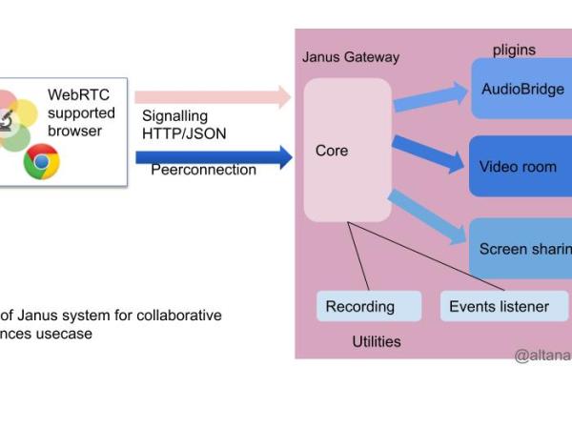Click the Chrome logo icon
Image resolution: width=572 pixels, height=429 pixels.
click(x=41, y=163)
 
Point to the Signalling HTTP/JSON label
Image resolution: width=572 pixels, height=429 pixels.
click(x=184, y=125)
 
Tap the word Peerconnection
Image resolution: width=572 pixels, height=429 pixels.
click(x=203, y=170)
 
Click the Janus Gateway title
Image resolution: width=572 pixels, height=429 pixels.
click(x=350, y=57)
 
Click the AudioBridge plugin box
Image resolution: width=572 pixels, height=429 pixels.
click(x=521, y=90)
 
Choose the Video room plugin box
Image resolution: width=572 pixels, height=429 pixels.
click(x=521, y=166)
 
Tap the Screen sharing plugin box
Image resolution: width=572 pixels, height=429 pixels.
click(x=521, y=249)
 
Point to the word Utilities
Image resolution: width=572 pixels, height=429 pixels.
click(x=377, y=340)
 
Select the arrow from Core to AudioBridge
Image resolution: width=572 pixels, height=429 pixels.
click(x=430, y=102)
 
